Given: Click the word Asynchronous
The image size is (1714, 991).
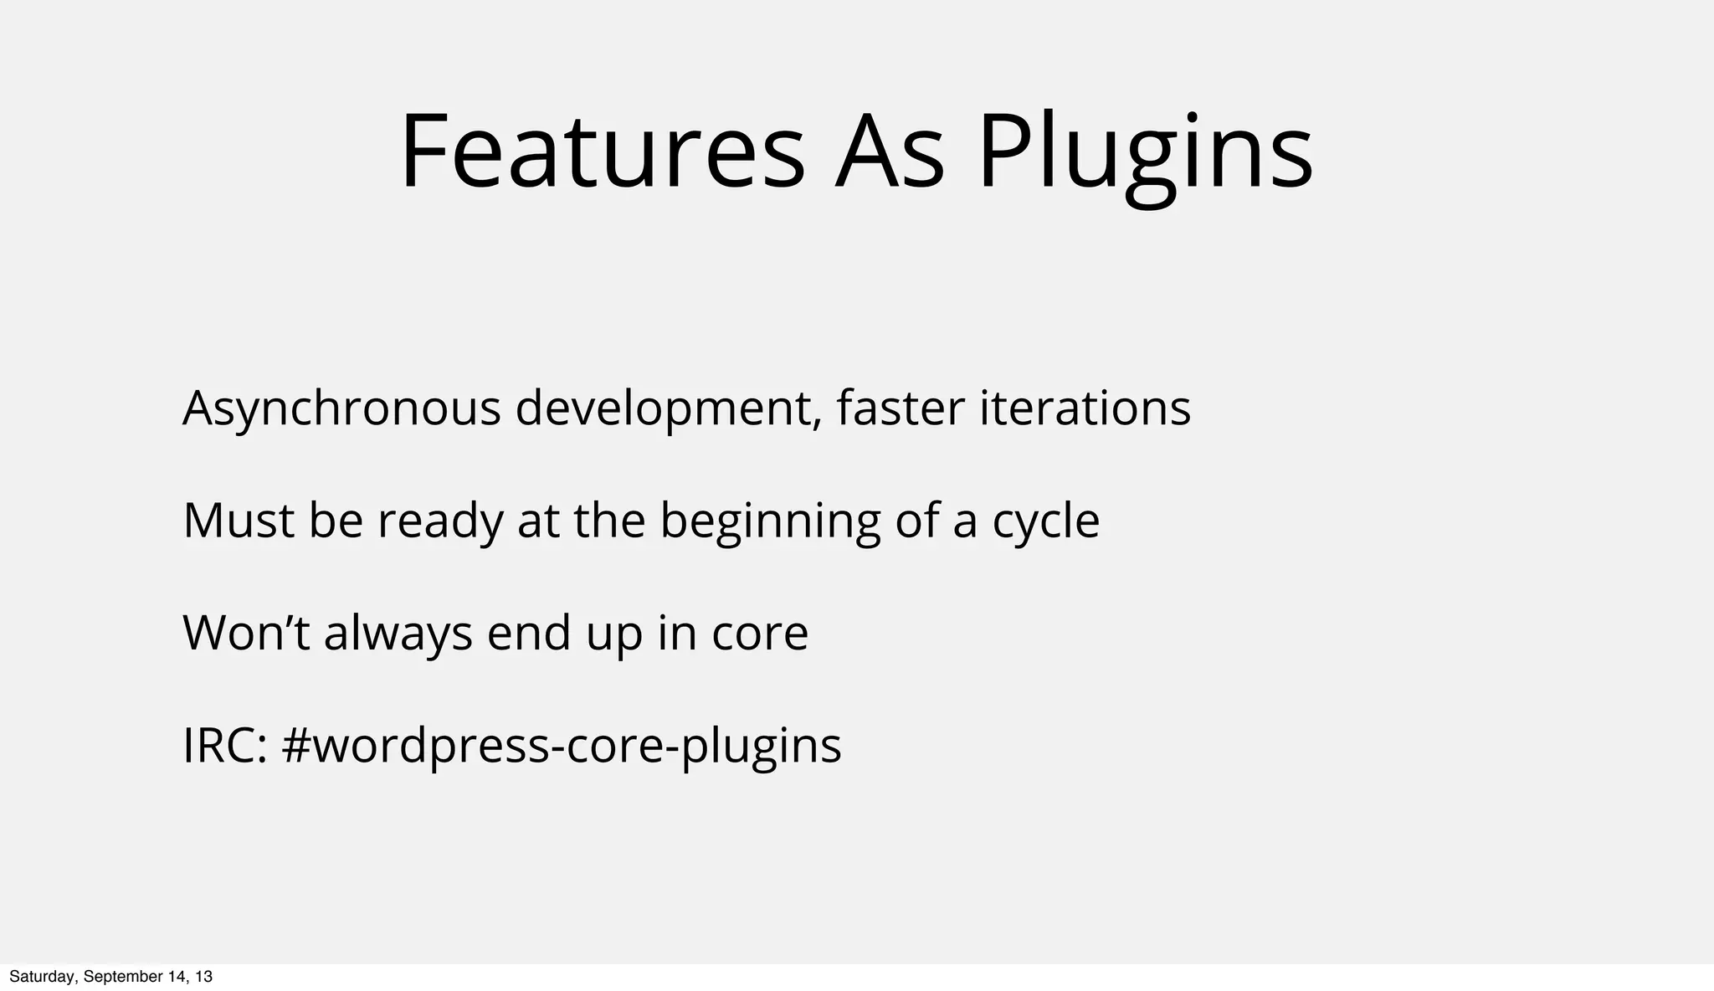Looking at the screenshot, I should click(341, 410).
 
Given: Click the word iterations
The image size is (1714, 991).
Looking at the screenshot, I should click(1085, 408).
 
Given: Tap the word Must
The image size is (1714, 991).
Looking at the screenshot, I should click(239, 521).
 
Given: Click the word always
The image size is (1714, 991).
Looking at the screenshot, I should click(398, 634).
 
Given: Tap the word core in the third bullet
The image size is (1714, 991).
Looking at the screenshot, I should click(760, 634).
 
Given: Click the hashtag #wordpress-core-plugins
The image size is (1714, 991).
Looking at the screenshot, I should click(562, 747).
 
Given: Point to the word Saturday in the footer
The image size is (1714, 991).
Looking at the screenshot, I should click(41, 977).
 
